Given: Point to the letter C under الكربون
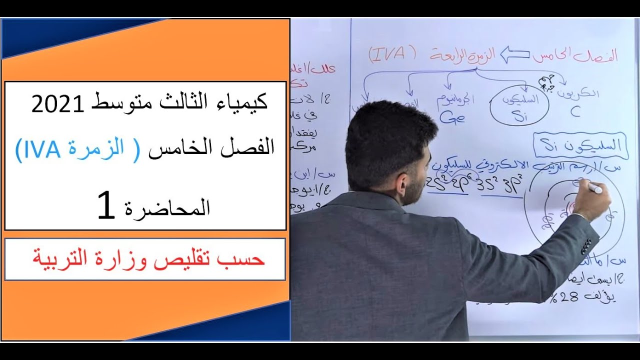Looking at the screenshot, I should tap(575, 111).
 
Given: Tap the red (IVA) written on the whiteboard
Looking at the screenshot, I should tap(392, 54).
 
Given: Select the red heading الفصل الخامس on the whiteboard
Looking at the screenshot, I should tap(575, 55).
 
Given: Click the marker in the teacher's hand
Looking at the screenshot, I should tap(594, 188).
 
